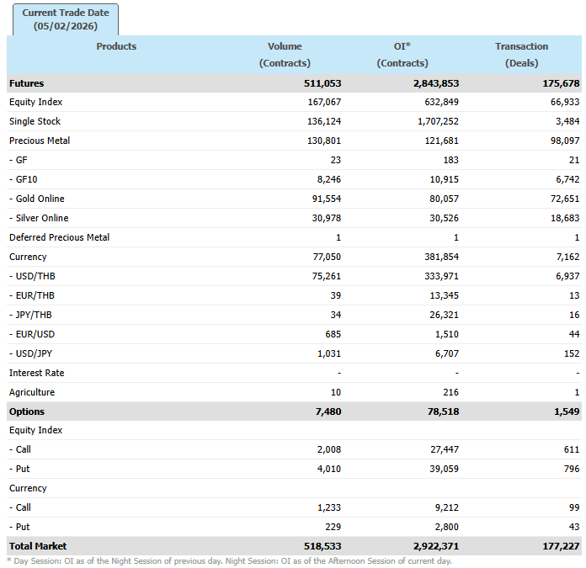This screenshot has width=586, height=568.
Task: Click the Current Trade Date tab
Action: (x=66, y=19)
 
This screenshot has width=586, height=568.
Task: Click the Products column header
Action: (x=116, y=46)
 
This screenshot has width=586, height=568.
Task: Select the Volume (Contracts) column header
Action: (x=285, y=55)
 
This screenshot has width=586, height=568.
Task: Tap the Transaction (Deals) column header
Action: (x=521, y=55)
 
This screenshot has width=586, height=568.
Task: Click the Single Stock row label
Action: (x=35, y=121)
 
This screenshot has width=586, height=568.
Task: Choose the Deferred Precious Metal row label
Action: (x=59, y=237)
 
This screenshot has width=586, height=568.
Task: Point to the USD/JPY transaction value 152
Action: (x=571, y=353)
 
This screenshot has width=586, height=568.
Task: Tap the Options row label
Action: (x=27, y=411)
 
